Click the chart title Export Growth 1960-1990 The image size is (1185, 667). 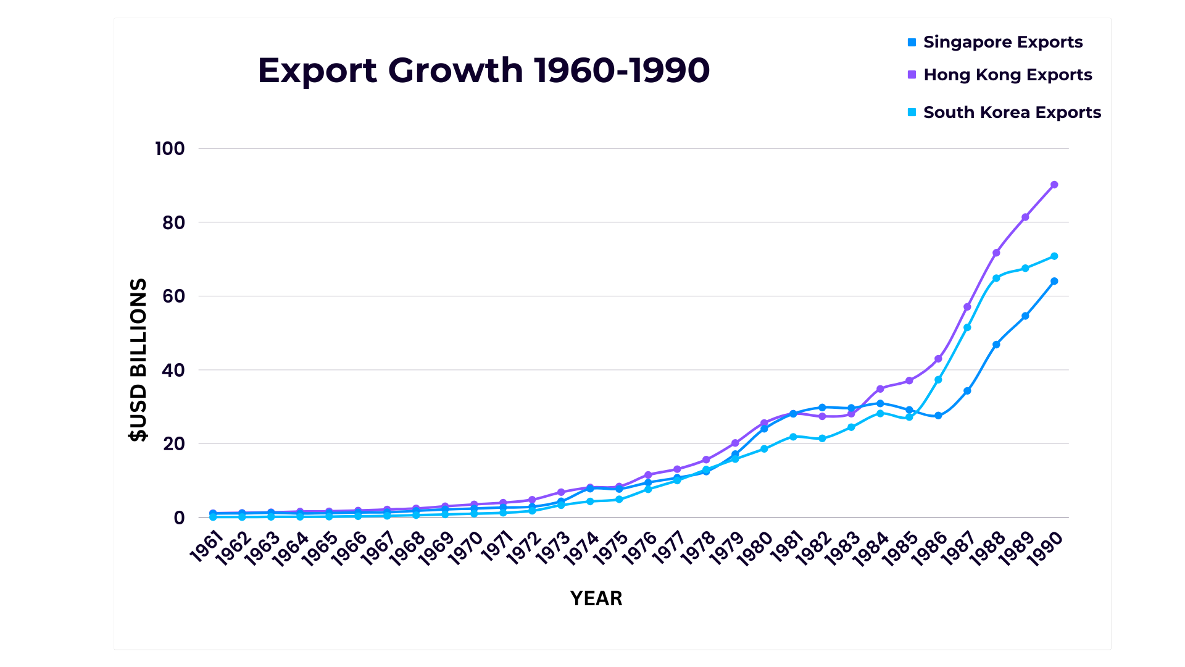(x=483, y=70)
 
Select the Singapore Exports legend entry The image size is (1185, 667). (x=1002, y=42)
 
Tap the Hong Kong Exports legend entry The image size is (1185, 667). (x=1007, y=75)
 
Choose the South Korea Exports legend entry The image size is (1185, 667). (x=1012, y=112)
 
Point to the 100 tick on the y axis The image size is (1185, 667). (x=170, y=149)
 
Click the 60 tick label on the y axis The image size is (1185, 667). (x=173, y=296)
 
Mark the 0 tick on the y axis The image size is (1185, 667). (x=179, y=518)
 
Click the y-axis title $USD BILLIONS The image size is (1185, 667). (x=139, y=359)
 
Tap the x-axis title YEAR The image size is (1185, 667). (x=596, y=598)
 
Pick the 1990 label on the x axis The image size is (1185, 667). (x=1044, y=548)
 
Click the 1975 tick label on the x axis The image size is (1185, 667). (x=610, y=548)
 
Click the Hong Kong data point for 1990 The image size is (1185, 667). (x=1054, y=185)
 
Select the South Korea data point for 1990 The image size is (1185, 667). (x=1054, y=256)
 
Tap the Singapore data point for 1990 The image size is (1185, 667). (x=1054, y=281)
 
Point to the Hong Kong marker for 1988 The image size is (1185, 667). (x=996, y=253)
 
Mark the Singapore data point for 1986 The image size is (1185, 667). (x=938, y=416)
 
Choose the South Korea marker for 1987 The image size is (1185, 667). (x=967, y=327)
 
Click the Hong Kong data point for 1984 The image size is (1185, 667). (x=880, y=388)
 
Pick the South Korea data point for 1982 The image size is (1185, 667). (x=822, y=438)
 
